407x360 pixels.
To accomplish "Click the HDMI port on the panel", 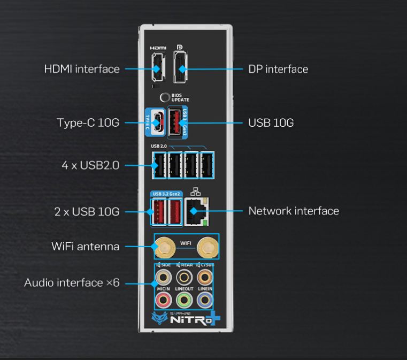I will pos(156,69).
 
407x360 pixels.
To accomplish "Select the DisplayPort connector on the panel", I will pos(182,68).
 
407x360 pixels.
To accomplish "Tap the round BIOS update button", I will pos(166,97).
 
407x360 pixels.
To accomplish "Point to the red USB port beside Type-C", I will pos(175,122).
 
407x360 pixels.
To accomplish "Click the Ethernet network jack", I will pos(196,211).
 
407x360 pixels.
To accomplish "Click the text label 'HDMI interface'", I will pos(82,69).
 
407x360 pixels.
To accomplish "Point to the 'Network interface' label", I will pos(294,211).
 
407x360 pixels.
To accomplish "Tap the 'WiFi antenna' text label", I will pos(86,247).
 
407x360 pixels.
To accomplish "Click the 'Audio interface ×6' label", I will pos(72,282).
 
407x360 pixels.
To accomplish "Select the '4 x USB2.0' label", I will pos(90,166).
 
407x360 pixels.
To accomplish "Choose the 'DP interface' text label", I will pos(278,69).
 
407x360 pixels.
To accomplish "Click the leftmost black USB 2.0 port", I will pos(158,165).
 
